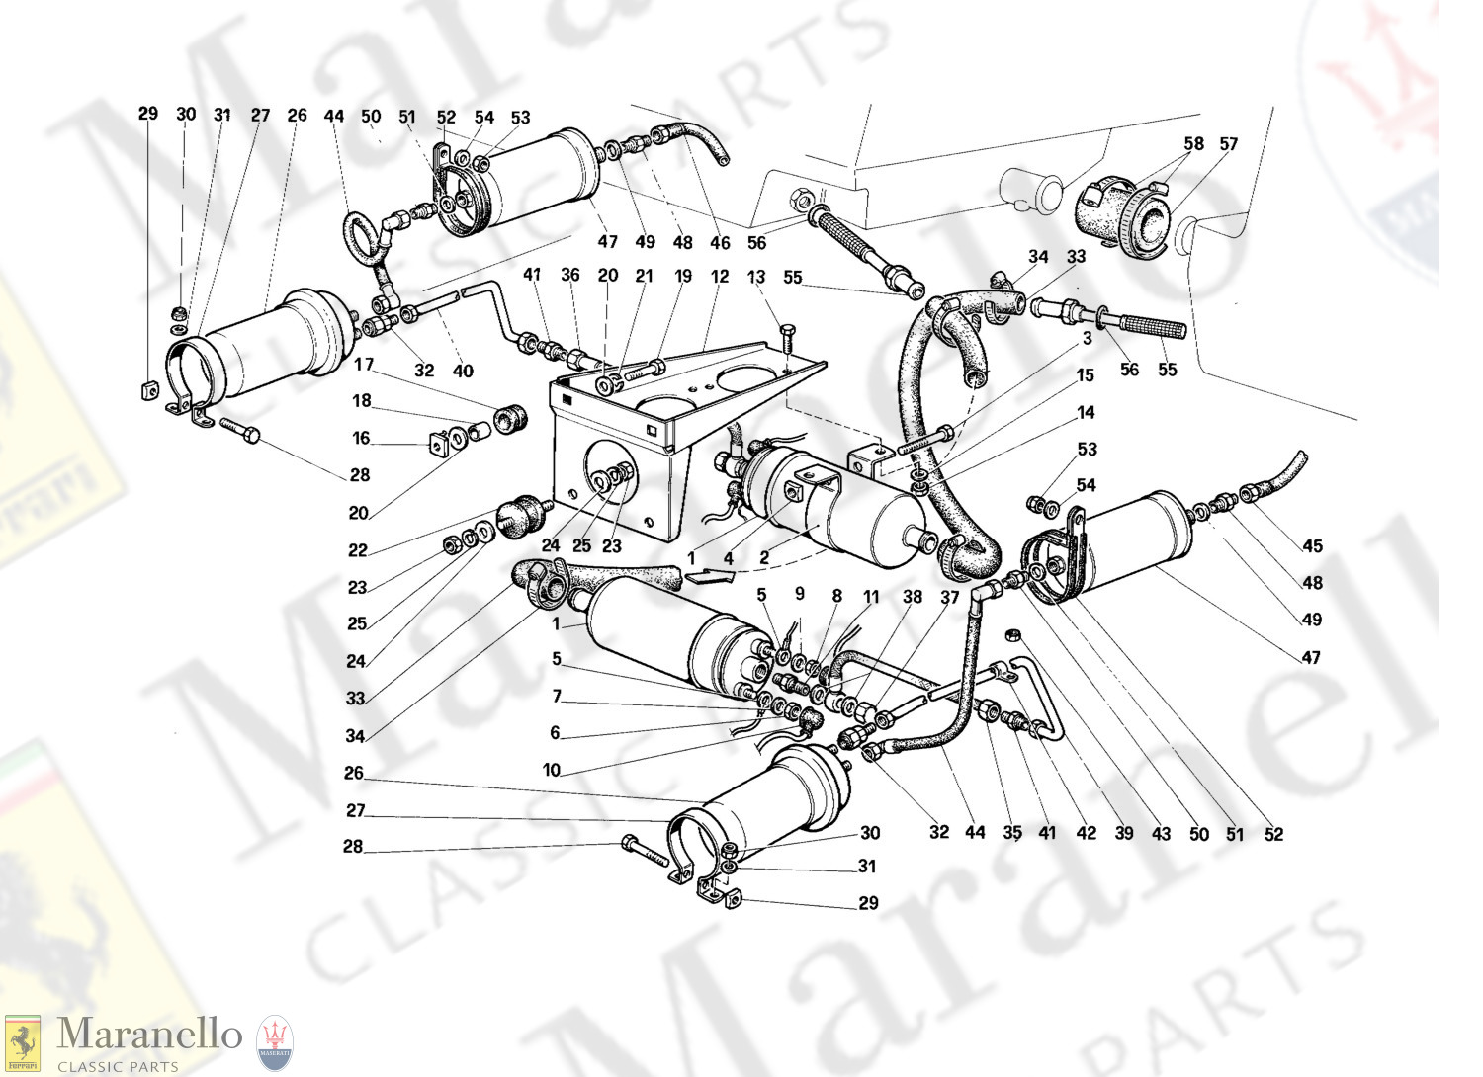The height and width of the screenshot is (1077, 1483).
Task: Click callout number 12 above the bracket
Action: coord(720,277)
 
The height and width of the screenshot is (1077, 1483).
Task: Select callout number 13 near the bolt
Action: coord(756,277)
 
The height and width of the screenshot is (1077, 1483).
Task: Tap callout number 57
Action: coord(1228,144)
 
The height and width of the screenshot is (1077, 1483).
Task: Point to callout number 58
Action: coord(1193,144)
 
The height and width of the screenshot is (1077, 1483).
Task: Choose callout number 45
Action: coord(1312,546)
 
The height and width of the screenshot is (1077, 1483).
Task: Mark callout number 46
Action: coord(720,242)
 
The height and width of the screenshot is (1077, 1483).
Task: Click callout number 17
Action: coord(364,365)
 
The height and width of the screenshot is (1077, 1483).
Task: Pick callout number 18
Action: coord(362,400)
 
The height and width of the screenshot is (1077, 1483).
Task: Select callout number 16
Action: coord(362,438)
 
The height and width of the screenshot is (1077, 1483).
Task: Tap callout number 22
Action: coord(357,550)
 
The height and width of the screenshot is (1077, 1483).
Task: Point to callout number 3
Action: coord(1087,338)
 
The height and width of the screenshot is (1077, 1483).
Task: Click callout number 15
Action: coord(1086,375)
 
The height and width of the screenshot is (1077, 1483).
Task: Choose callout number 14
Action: coord(1087,412)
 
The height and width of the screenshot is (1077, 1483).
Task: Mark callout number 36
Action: coord(570,275)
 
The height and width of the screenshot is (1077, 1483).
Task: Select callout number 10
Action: coord(552,770)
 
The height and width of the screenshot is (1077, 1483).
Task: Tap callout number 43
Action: coord(1161,834)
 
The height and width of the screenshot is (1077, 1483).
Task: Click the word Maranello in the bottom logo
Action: coord(149,1035)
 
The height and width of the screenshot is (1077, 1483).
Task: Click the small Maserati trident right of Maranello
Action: coord(275,1043)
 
